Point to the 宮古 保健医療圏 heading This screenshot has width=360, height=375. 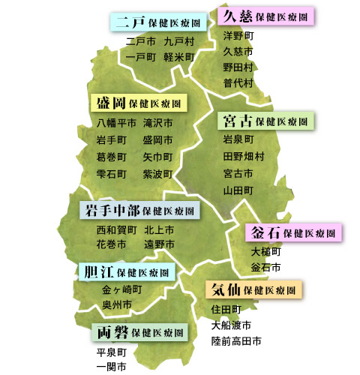point(265,121)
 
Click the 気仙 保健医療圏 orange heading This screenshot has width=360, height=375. point(253,289)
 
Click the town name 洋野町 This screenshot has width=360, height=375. point(238,35)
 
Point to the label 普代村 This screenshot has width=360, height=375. point(238,82)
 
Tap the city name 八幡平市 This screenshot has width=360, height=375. point(116,122)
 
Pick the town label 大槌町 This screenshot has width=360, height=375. point(265,251)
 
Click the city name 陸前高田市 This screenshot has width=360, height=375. point(236,341)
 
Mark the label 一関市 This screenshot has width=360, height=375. point(111,366)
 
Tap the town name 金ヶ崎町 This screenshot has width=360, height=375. point(121,289)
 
